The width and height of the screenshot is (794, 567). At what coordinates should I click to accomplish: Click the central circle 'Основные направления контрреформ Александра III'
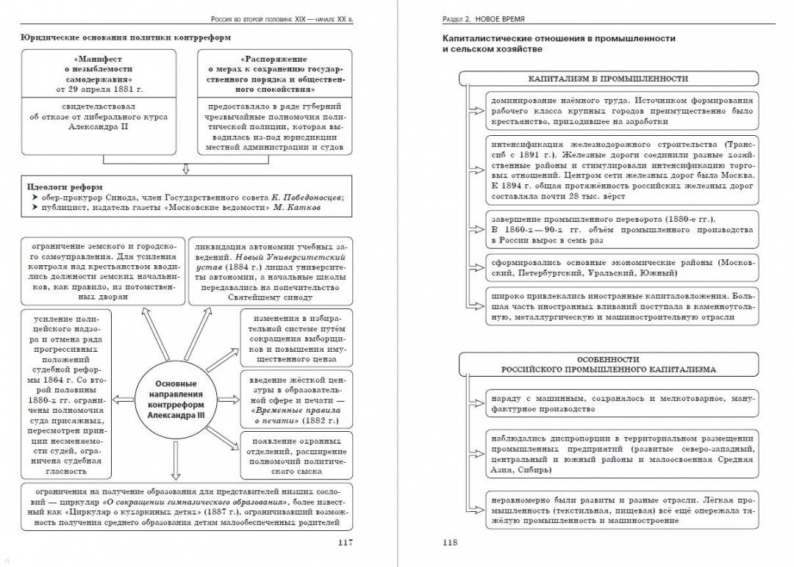coord(176,400)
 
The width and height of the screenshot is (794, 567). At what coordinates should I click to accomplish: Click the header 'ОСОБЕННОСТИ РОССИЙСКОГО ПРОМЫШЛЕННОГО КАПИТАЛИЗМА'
coord(608,364)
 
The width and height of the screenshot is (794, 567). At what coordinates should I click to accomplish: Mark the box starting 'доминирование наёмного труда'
coord(622,110)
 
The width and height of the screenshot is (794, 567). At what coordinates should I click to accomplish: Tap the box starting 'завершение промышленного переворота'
coord(622,230)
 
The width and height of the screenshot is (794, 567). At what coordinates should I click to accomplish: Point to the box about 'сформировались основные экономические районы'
coord(622,267)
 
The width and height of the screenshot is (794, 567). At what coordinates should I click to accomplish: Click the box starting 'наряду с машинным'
coord(622,403)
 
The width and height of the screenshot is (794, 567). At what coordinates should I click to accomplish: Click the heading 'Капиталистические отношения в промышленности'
coord(559,38)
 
